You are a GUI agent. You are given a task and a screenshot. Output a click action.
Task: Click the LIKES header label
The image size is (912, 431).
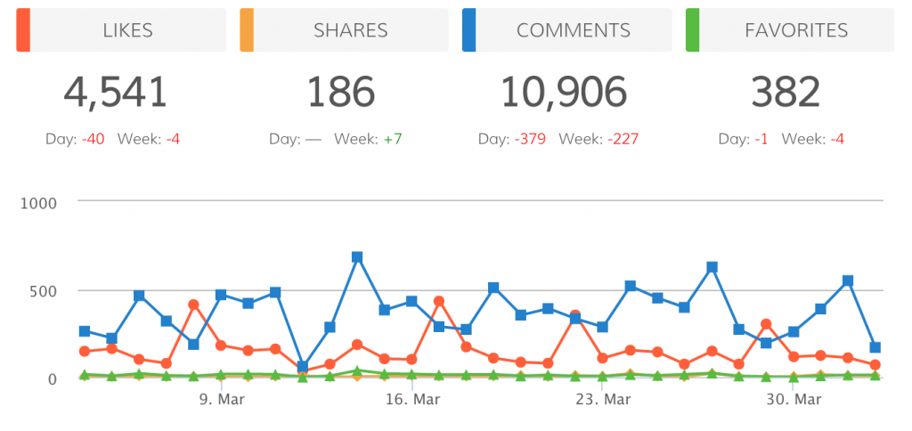128,30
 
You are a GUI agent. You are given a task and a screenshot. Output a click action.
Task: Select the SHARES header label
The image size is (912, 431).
350,30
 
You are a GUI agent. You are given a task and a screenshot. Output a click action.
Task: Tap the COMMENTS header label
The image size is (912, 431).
573,30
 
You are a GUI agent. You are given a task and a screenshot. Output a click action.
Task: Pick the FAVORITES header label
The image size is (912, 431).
795,30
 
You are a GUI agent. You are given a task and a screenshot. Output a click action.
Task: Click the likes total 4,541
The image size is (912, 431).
115,92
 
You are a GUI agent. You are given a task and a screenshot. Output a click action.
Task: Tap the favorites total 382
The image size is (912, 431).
784,92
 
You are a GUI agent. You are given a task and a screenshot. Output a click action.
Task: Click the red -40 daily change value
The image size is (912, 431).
93,140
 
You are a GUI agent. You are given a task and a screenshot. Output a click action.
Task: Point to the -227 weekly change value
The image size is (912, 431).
623,140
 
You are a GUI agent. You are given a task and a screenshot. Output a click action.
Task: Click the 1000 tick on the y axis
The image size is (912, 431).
39,202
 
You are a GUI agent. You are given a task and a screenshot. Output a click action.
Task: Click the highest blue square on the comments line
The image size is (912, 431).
357,257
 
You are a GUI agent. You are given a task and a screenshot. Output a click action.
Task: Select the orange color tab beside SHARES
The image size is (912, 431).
247,30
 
